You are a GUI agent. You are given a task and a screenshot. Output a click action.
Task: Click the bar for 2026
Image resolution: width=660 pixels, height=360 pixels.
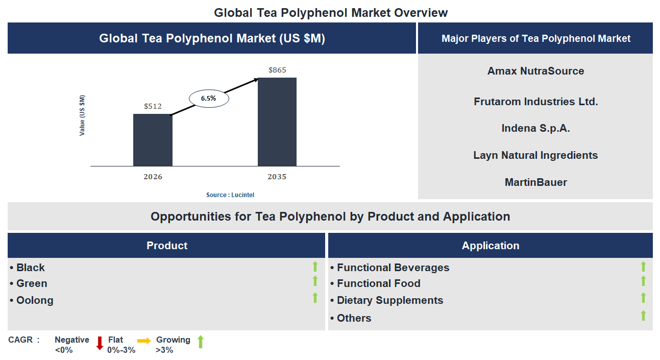click(153, 140)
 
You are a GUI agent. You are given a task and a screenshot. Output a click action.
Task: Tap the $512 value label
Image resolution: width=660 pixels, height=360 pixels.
click(153, 106)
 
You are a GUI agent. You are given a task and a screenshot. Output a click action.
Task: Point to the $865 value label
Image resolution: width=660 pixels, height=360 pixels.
click(277, 70)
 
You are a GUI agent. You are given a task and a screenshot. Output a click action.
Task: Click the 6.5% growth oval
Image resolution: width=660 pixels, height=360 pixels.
click(209, 99)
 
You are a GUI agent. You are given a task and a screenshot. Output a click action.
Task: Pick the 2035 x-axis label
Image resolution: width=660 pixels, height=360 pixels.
click(277, 177)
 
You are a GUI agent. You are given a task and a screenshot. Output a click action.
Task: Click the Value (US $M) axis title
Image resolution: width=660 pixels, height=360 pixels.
click(83, 115)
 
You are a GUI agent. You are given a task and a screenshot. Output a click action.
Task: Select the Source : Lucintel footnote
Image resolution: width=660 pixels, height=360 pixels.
click(230, 195)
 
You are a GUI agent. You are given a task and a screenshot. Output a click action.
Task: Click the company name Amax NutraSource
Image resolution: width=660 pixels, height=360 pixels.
click(535, 71)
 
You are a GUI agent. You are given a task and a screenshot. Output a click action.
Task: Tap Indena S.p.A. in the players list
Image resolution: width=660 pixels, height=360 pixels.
click(535, 128)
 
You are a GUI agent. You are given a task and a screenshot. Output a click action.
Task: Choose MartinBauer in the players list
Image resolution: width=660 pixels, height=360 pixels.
click(535, 182)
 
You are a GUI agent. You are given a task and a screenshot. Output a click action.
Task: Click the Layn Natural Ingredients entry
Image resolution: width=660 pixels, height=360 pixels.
click(535, 155)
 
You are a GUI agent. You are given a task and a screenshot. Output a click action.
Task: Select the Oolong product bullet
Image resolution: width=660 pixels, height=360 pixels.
click(35, 300)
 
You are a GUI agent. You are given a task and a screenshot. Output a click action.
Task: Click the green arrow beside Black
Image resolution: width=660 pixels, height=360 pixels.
click(315, 266)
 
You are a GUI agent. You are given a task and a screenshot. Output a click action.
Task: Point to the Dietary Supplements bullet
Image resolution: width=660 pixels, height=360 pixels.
click(389, 300)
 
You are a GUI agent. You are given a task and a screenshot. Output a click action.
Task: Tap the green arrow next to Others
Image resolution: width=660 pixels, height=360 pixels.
click(643, 316)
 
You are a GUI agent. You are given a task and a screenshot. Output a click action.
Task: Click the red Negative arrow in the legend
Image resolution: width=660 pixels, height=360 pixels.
click(100, 343)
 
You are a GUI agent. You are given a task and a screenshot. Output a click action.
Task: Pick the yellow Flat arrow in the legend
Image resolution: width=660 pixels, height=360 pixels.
click(144, 341)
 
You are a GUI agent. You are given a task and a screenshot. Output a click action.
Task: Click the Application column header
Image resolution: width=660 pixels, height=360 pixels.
click(491, 246)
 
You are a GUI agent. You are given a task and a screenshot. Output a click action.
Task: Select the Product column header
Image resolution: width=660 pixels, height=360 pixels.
click(167, 246)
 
